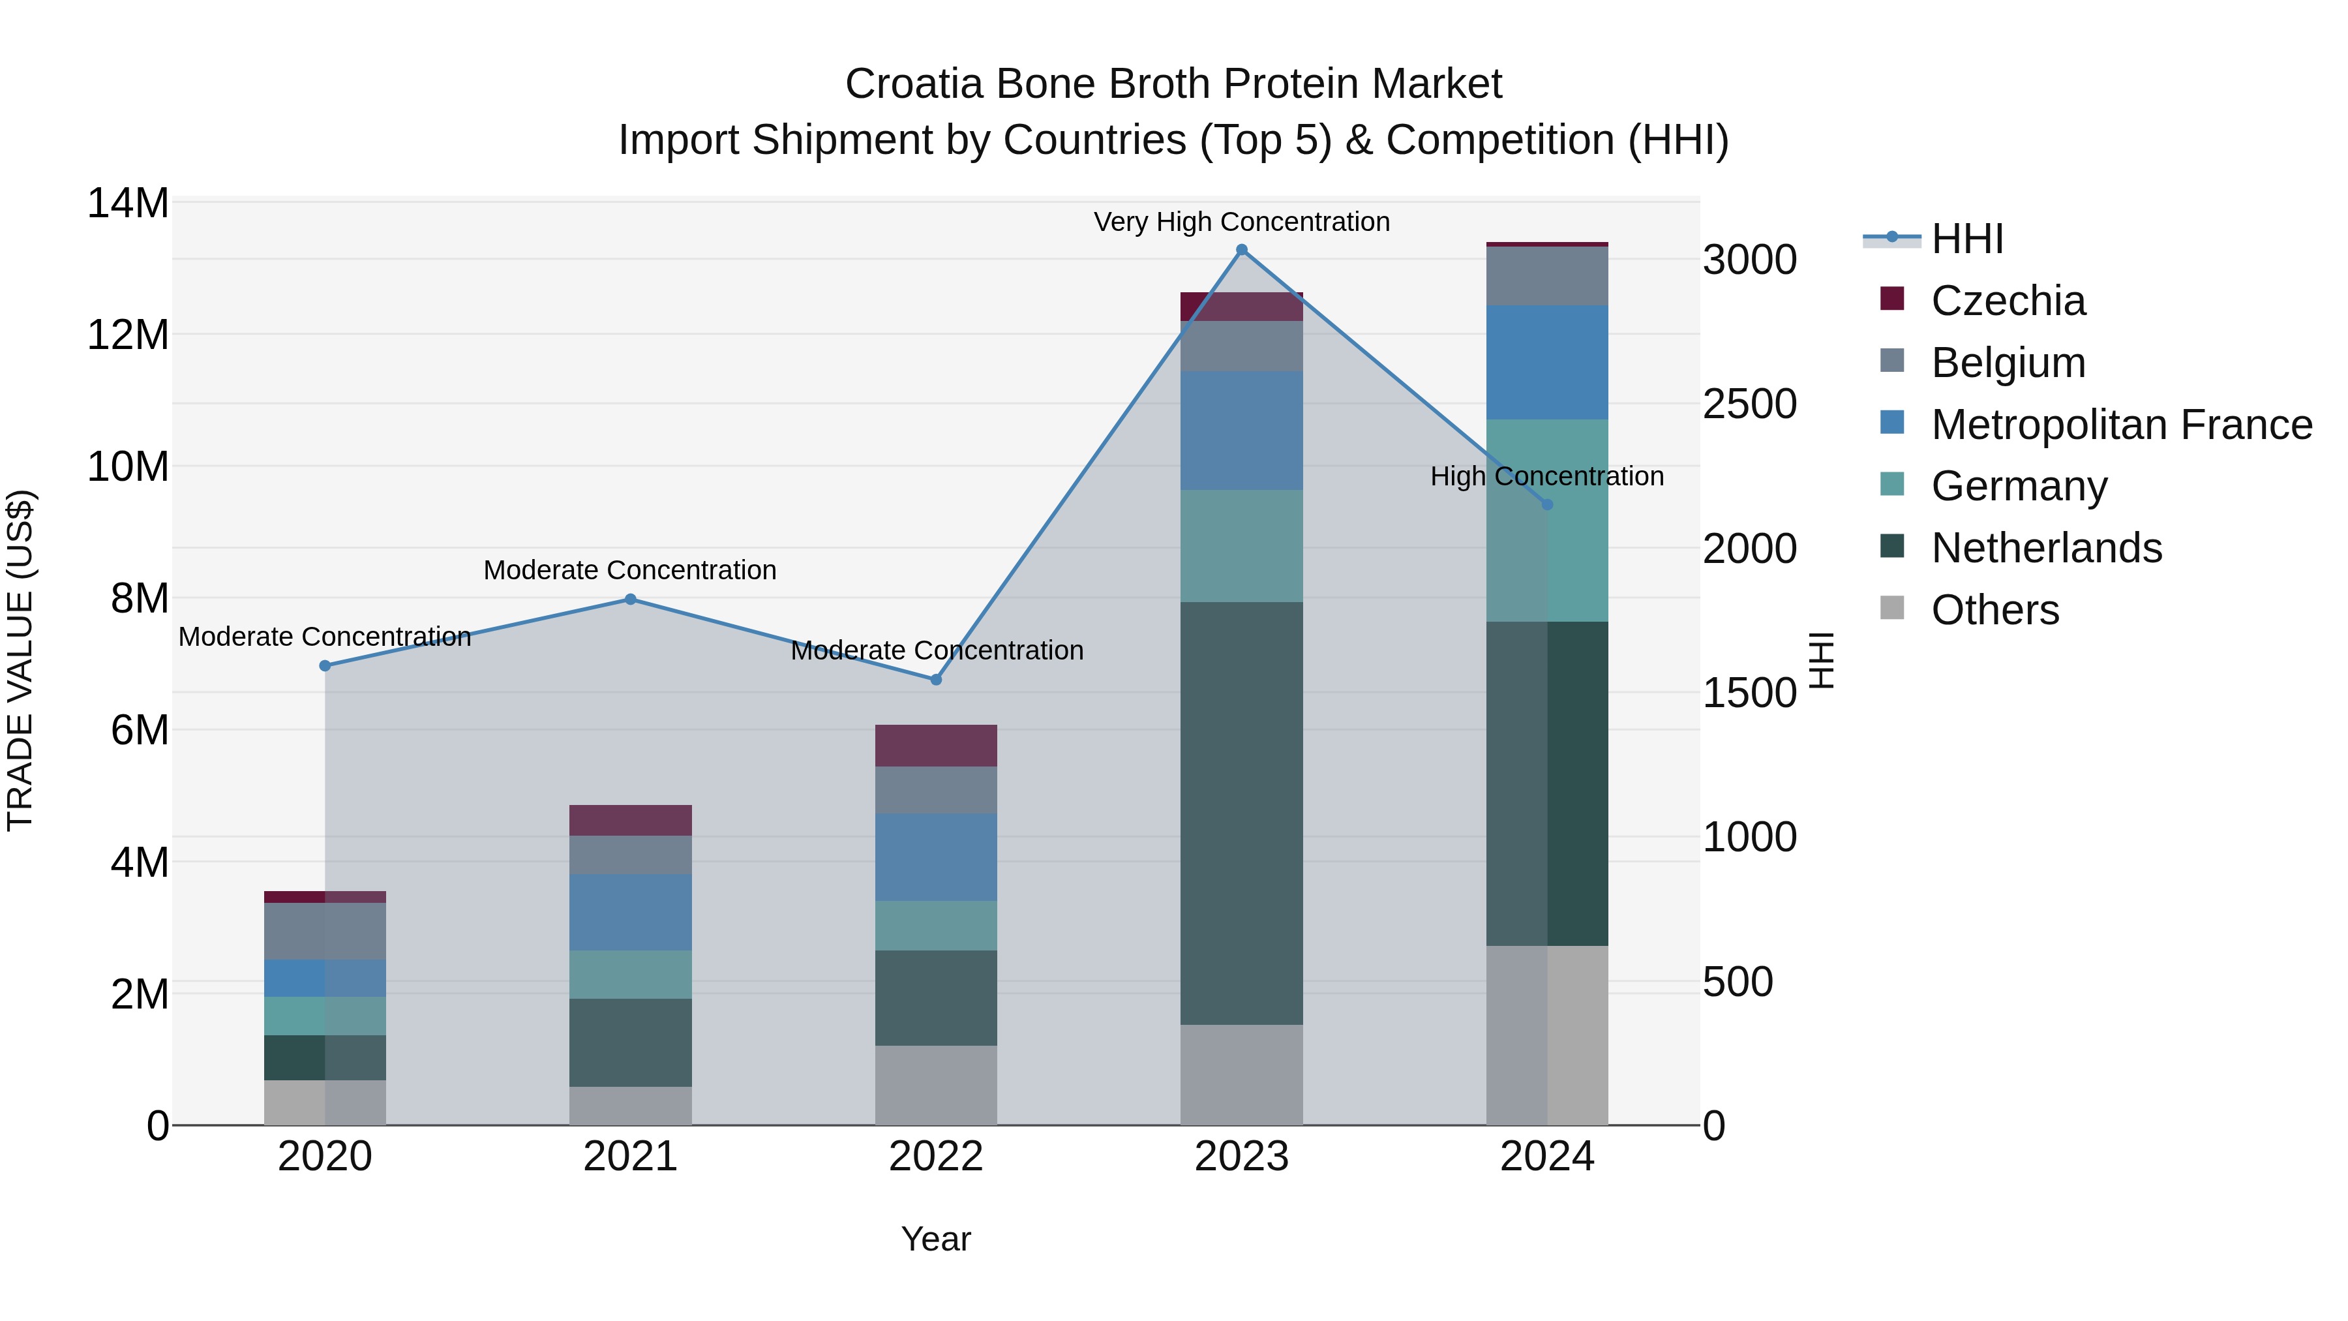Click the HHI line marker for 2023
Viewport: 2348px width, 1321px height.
pyautogui.click(x=1241, y=250)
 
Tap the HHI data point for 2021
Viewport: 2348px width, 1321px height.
pyautogui.click(x=630, y=599)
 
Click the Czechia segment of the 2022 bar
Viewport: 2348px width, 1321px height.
pyautogui.click(x=935, y=746)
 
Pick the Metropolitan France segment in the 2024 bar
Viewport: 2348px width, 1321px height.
pyautogui.click(x=1547, y=362)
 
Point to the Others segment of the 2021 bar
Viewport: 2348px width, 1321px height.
pyautogui.click(x=630, y=1105)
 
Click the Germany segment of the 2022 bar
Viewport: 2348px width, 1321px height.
pyautogui.click(x=935, y=925)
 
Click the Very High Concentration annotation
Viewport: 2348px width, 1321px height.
pyautogui.click(x=1241, y=222)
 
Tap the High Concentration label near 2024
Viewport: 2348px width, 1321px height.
pyautogui.click(x=1547, y=476)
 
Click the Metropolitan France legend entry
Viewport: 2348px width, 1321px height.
pyautogui.click(x=2121, y=425)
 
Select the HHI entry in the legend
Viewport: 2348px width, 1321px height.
pyautogui.click(x=1967, y=239)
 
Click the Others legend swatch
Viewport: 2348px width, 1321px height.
pyautogui.click(x=1892, y=608)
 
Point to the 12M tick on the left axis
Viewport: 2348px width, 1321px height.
pyautogui.click(x=128, y=335)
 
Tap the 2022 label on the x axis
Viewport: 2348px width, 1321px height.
pyautogui.click(x=935, y=1157)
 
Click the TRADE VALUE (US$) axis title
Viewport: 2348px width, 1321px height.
pyautogui.click(x=20, y=660)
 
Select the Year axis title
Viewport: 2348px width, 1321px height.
pyautogui.click(x=935, y=1239)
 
